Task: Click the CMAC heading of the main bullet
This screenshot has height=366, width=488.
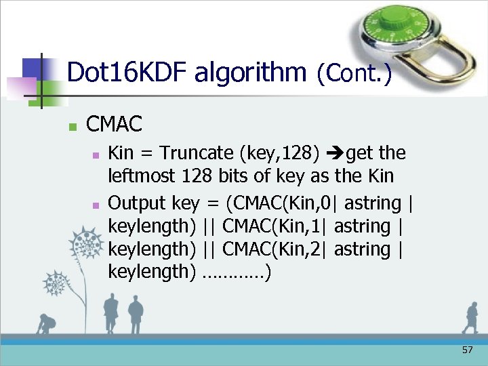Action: (x=115, y=124)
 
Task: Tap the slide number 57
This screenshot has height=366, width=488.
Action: (x=467, y=350)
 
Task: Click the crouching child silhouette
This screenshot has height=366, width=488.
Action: (x=46, y=323)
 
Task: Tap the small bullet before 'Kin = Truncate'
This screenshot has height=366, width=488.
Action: (x=96, y=155)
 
